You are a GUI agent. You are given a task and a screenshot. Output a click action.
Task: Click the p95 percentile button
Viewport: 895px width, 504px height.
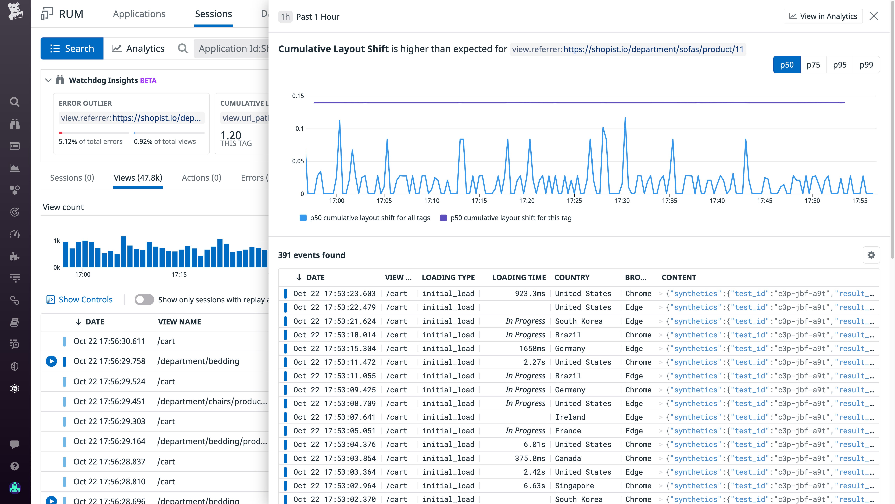tap(839, 65)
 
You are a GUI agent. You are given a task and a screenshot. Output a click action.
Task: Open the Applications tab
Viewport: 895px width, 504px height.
tap(139, 14)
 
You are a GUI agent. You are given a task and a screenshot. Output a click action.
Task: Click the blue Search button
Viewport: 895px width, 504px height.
tap(72, 48)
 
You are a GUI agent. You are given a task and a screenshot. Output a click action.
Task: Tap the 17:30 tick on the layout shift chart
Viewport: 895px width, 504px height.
tap(622, 201)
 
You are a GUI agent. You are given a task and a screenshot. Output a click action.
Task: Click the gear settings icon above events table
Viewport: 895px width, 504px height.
tap(871, 255)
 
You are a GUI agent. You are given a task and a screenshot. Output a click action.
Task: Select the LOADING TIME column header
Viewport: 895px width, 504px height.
tap(519, 277)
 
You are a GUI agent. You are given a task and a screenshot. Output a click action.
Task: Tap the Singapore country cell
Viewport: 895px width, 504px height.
tap(574, 486)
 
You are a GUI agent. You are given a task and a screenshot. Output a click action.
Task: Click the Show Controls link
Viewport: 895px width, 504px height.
tap(85, 299)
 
